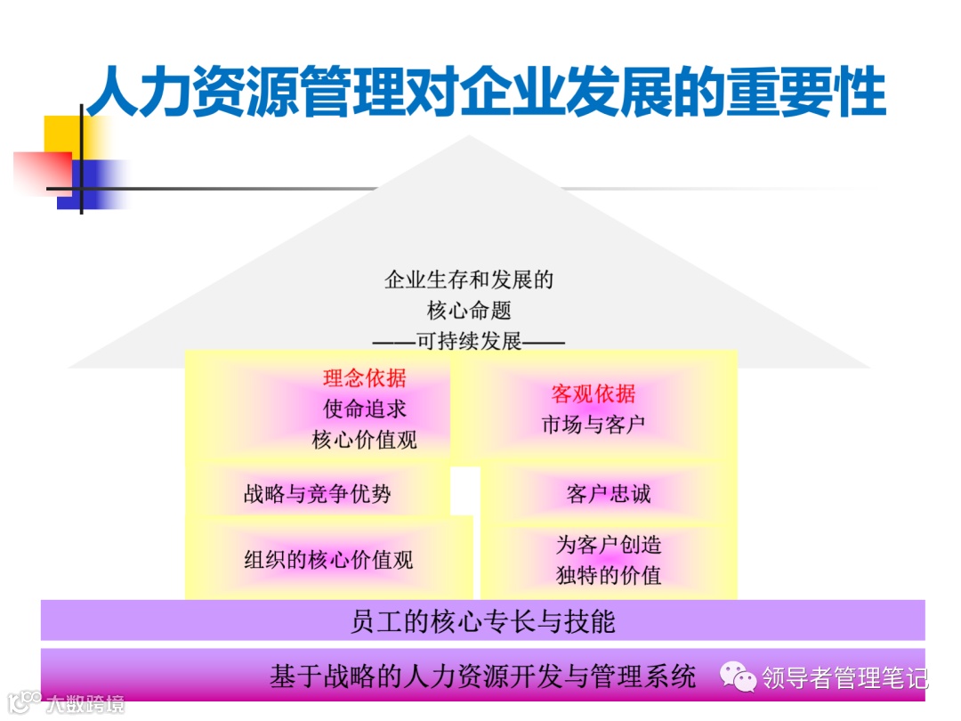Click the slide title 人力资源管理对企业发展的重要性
pyautogui.click(x=486, y=93)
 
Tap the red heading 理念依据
pyautogui.click(x=364, y=378)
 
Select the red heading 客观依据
pyautogui.click(x=594, y=394)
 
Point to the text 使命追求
pyautogui.click(x=364, y=409)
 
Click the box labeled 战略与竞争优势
pyautogui.click(x=318, y=494)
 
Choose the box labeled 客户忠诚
pyautogui.click(x=609, y=494)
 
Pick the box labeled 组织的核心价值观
pyautogui.click(x=328, y=559)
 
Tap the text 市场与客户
pyautogui.click(x=594, y=425)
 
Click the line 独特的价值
pyautogui.click(x=609, y=575)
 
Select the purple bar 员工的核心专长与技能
pyautogui.click(x=482, y=621)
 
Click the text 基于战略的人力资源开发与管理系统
pyautogui.click(x=482, y=676)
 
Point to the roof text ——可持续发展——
pyautogui.click(x=468, y=341)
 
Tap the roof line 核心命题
pyautogui.click(x=469, y=311)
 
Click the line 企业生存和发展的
pyautogui.click(x=469, y=280)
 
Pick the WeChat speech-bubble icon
pyautogui.click(x=739, y=677)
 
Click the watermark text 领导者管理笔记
pyautogui.click(x=844, y=678)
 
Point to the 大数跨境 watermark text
pyautogui.click(x=85, y=703)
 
